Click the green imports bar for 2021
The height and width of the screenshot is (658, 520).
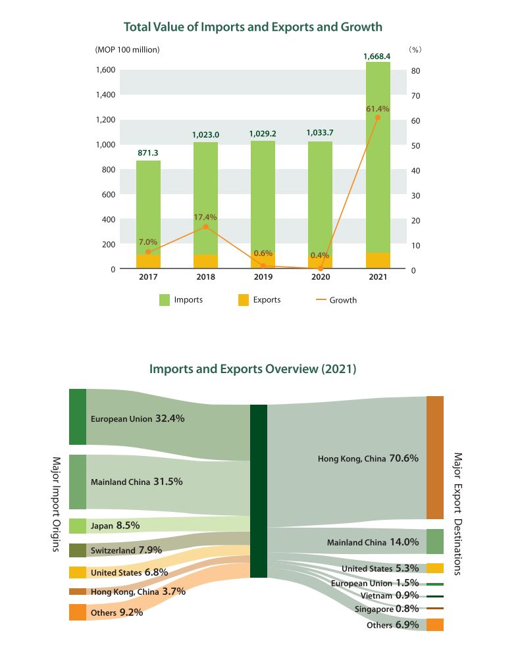pos(377,158)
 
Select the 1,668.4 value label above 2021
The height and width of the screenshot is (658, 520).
pos(377,57)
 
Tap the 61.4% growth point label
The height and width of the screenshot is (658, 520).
pos(378,109)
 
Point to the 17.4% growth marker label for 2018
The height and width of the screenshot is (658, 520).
pos(205,216)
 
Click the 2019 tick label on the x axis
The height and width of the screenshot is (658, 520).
pos(263,278)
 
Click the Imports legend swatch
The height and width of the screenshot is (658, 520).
pos(165,300)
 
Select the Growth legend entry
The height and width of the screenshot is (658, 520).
pos(336,300)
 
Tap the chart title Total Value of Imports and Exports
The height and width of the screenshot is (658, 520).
pos(253,27)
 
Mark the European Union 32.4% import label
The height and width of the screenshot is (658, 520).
pos(137,418)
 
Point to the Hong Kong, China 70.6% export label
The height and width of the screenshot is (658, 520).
pos(368,459)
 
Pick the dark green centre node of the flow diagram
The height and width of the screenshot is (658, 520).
pos(259,491)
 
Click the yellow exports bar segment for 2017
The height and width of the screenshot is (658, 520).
pos(148,261)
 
